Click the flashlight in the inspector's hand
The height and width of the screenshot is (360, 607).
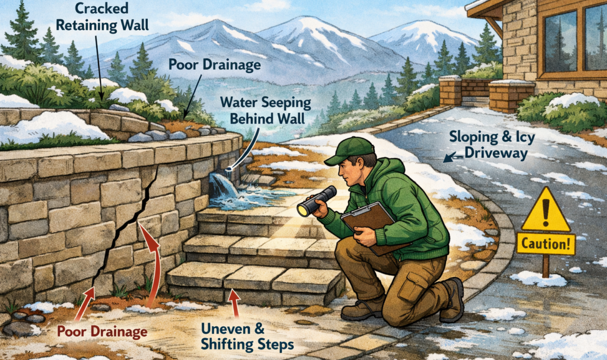[x=316, y=201]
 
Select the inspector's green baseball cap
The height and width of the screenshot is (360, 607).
[x=350, y=150]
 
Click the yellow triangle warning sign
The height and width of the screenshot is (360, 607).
[x=546, y=211]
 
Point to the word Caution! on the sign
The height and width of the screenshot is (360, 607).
[x=546, y=244]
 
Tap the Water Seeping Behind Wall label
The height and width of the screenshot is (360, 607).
[x=266, y=110]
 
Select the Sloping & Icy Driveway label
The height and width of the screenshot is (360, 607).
[x=492, y=145]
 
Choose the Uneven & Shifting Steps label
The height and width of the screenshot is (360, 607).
[x=247, y=336]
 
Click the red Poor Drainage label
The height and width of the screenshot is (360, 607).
[x=102, y=332]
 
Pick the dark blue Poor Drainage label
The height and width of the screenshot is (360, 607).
[x=214, y=65]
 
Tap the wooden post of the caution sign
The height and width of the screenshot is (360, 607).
[x=545, y=265]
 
